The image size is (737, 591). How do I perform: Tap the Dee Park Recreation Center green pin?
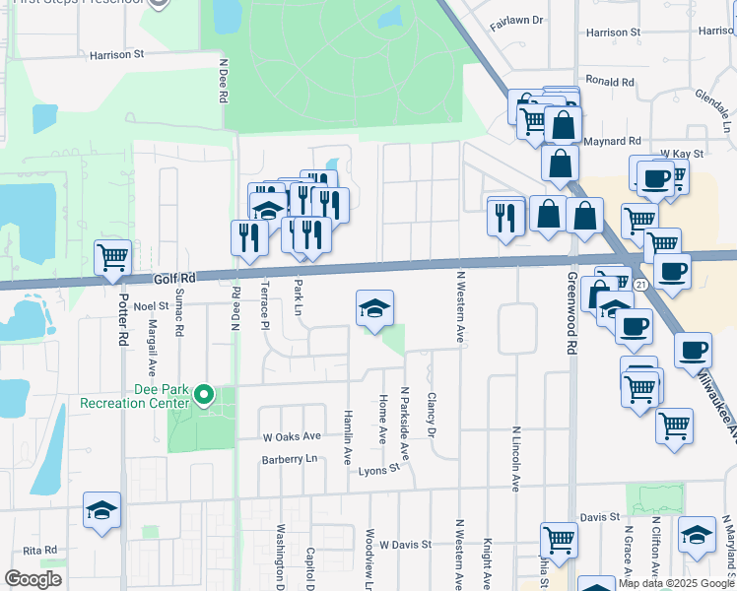(204, 396)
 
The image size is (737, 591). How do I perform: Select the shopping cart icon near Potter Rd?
(112, 258)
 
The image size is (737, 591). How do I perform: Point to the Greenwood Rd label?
(570, 326)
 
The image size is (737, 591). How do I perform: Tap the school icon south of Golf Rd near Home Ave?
(374, 309)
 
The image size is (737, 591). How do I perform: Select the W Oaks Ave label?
(292, 436)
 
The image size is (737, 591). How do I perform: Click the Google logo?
(33, 578)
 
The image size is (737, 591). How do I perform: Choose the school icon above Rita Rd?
(102, 510)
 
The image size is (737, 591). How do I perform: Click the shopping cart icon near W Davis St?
(559, 539)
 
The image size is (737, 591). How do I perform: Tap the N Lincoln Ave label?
(515, 459)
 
